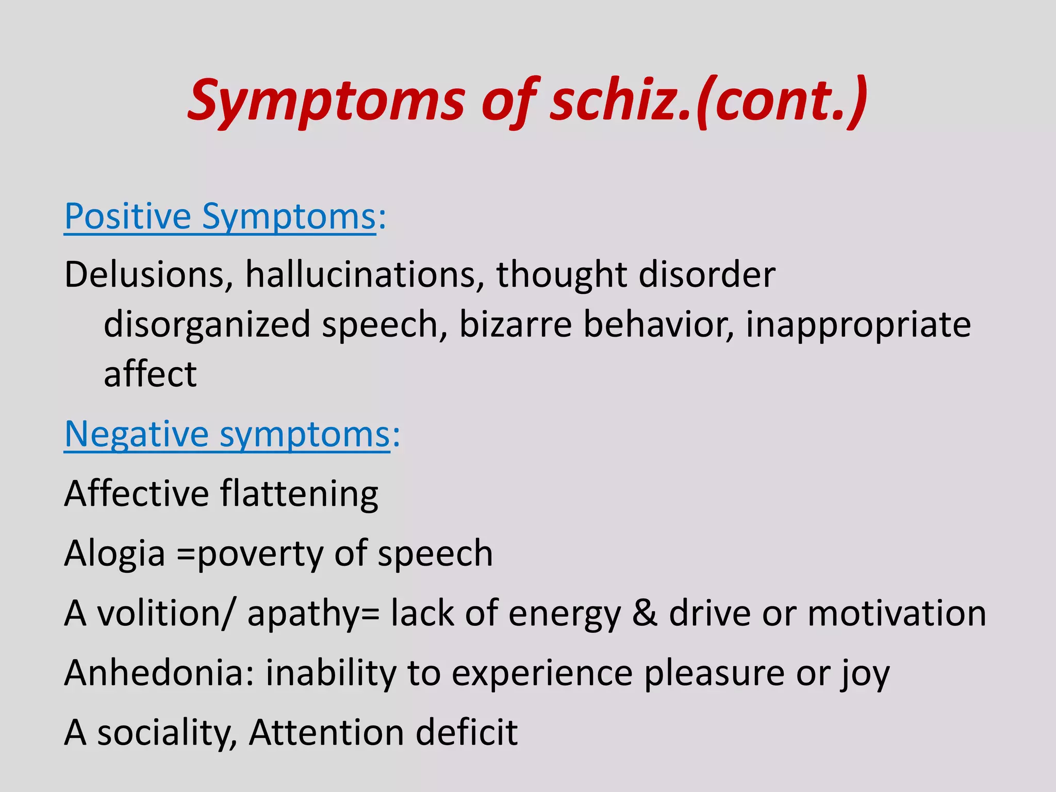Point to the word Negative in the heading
137,434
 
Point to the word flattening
299,494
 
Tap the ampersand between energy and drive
645,613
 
